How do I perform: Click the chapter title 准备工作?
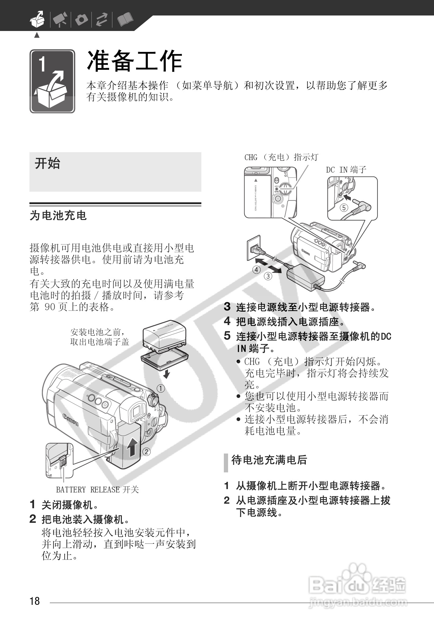[134, 61]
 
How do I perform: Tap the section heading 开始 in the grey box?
[47, 163]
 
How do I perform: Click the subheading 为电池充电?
[58, 216]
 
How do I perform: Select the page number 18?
[35, 601]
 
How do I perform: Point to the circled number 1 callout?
[161, 388]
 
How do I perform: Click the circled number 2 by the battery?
[146, 452]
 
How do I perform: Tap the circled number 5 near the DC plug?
[343, 208]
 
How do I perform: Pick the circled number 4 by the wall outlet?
[257, 269]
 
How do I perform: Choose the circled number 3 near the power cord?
[268, 276]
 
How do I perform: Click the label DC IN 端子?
[346, 170]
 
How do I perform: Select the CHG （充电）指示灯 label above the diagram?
[281, 157]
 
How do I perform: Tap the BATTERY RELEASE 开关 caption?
[97, 489]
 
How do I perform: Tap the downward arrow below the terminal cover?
[166, 374]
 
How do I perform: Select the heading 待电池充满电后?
[269, 460]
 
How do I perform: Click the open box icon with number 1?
[52, 81]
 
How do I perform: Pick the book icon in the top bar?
[125, 20]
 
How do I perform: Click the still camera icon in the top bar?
[81, 20]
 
